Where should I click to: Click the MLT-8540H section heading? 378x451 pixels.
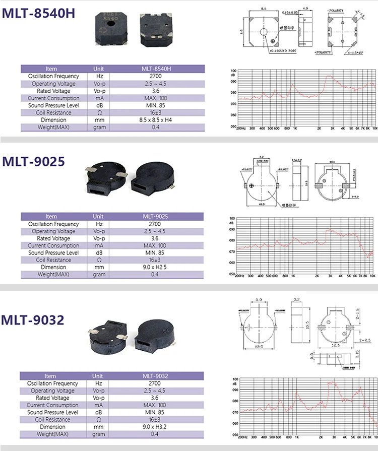39,13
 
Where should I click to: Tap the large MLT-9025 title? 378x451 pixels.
33,162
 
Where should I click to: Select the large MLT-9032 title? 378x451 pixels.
33,319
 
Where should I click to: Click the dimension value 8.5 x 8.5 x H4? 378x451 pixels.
154,120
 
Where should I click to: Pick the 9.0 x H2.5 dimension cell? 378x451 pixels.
154,267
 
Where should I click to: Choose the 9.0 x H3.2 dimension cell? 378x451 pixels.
154,427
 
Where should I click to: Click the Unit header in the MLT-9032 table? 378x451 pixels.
98,376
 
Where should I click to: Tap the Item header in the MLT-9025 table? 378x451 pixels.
51,216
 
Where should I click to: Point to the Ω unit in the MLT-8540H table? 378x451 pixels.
99,113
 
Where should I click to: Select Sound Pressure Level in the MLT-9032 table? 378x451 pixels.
53,412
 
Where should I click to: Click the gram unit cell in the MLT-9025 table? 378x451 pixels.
99,275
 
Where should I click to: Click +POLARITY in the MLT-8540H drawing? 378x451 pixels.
323,52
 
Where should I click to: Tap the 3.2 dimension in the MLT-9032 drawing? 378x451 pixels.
296,299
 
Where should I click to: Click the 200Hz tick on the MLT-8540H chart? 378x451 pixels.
241,128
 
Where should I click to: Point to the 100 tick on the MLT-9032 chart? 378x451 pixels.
235,379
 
